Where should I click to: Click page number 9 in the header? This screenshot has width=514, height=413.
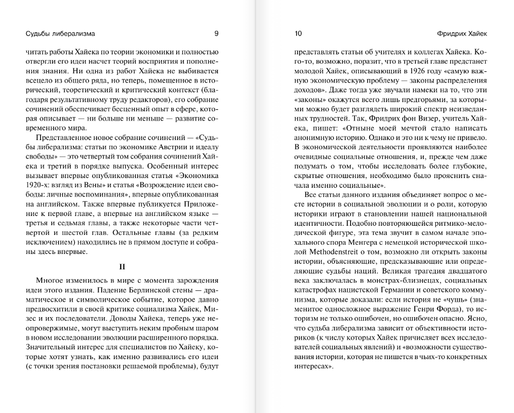tap(216, 34)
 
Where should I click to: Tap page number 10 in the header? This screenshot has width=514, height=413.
tap(298, 34)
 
